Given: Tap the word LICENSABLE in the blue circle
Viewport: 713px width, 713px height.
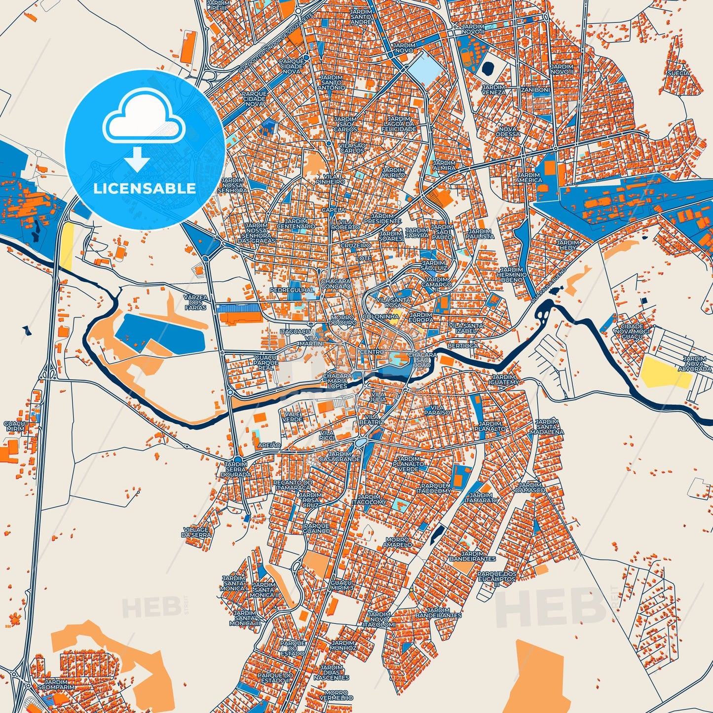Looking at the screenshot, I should point(145,188).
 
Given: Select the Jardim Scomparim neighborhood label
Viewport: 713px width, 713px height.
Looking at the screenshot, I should point(56,684).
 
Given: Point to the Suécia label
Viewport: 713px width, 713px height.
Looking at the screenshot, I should point(678,73).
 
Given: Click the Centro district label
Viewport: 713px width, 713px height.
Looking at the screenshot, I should point(372,352).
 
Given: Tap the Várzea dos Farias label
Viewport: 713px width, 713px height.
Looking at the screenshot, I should point(195,302).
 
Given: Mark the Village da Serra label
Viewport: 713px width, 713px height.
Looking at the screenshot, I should point(196,532).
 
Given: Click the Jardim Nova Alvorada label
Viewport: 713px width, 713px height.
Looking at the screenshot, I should point(694,364).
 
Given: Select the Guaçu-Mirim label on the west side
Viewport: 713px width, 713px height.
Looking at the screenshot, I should point(16,426).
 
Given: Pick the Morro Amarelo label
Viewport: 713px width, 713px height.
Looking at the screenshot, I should point(397,542).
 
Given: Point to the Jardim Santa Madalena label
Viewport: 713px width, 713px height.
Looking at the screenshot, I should point(546,427).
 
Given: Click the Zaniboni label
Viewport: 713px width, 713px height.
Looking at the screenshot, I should point(535,90).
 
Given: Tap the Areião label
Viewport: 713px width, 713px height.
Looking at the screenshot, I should point(269,445).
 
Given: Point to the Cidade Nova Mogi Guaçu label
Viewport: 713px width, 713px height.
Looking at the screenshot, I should point(632,332).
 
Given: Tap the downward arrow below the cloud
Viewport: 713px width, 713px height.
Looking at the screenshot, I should point(137,159).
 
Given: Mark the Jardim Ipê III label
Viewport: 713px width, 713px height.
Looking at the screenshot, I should point(218,5).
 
